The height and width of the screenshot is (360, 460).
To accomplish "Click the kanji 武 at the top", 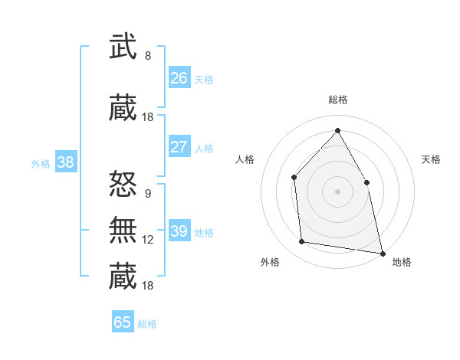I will click(x=123, y=47).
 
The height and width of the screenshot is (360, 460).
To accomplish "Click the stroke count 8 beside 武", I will click(x=148, y=55).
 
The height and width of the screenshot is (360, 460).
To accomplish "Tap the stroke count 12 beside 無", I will click(x=148, y=239).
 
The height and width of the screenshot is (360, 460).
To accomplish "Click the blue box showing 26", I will click(x=179, y=77).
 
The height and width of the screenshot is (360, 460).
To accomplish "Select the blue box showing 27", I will click(x=179, y=147).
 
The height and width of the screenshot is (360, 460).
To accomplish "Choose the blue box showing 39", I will click(x=179, y=231).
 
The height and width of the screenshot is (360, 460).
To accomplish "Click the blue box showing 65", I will click(x=123, y=322).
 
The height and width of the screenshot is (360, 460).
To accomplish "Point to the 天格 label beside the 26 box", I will click(x=204, y=79).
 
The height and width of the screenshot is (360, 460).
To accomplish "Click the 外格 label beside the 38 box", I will click(x=41, y=163).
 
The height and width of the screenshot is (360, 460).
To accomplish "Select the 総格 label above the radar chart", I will click(x=337, y=100).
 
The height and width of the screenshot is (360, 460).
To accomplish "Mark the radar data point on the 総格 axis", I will click(x=337, y=130).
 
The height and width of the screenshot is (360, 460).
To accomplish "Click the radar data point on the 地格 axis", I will click(x=382, y=252).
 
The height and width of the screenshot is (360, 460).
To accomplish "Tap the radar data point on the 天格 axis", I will click(x=366, y=182).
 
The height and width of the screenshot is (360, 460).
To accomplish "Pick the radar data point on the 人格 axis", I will click(x=294, y=178).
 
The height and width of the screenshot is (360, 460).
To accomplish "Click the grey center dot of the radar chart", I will click(x=337, y=191).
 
